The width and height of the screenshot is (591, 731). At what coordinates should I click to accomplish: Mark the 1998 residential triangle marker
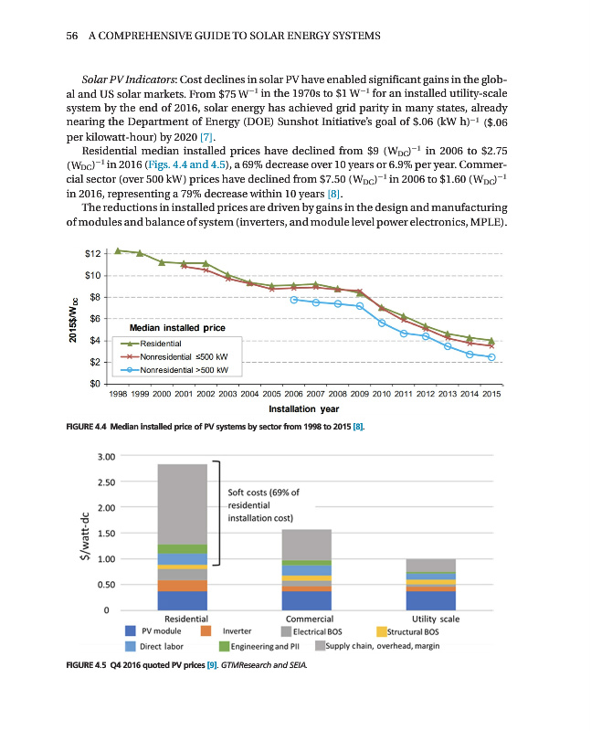pyautogui.click(x=118, y=249)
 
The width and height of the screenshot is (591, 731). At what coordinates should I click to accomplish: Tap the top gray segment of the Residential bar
pyautogui.click(x=182, y=503)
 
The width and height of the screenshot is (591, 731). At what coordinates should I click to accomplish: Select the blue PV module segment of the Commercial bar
pyautogui.click(x=306, y=600)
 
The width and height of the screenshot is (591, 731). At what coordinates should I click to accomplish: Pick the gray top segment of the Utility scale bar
pyautogui.click(x=429, y=565)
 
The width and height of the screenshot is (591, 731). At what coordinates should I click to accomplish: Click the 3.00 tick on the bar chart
pyautogui.click(x=106, y=456)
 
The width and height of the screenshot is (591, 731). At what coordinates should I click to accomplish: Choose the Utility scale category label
pyautogui.click(x=435, y=619)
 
